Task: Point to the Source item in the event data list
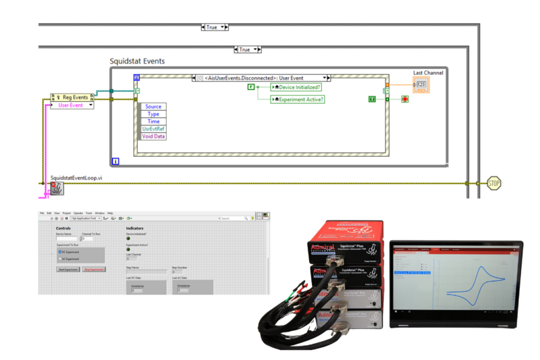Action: (153, 107)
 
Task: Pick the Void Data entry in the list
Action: (153, 136)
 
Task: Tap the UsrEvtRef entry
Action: (153, 129)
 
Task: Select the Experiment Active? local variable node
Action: (298, 99)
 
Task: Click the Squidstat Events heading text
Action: (137, 61)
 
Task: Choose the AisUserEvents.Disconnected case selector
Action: (261, 78)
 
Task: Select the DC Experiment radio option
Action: (70, 251)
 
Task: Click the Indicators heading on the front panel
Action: (135, 228)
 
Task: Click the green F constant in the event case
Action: (251, 87)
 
